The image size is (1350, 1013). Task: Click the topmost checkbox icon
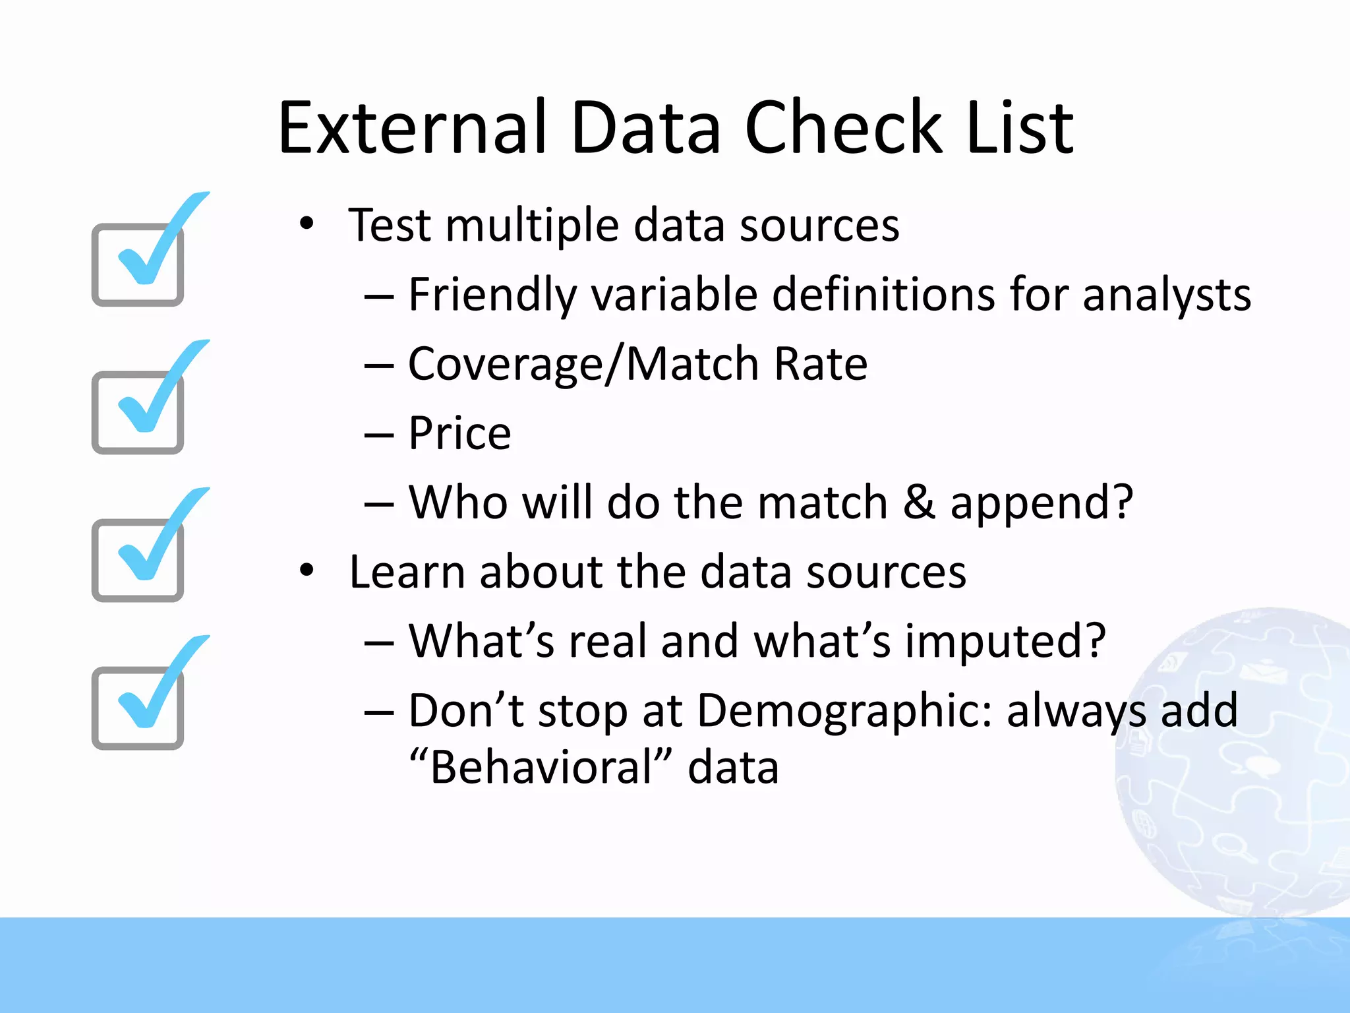(x=138, y=264)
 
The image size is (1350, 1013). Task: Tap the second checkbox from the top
(x=138, y=412)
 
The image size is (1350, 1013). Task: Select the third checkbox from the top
(x=138, y=559)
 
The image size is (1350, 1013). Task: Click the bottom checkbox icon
(x=138, y=707)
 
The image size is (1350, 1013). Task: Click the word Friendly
(x=492, y=294)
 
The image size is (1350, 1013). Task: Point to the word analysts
(x=1166, y=294)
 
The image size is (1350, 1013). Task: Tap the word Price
(x=459, y=433)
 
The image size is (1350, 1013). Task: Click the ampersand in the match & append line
(x=919, y=503)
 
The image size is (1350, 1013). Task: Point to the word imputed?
(x=1005, y=642)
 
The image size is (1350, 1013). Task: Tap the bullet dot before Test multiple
(x=306, y=224)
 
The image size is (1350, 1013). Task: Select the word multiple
(x=531, y=226)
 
